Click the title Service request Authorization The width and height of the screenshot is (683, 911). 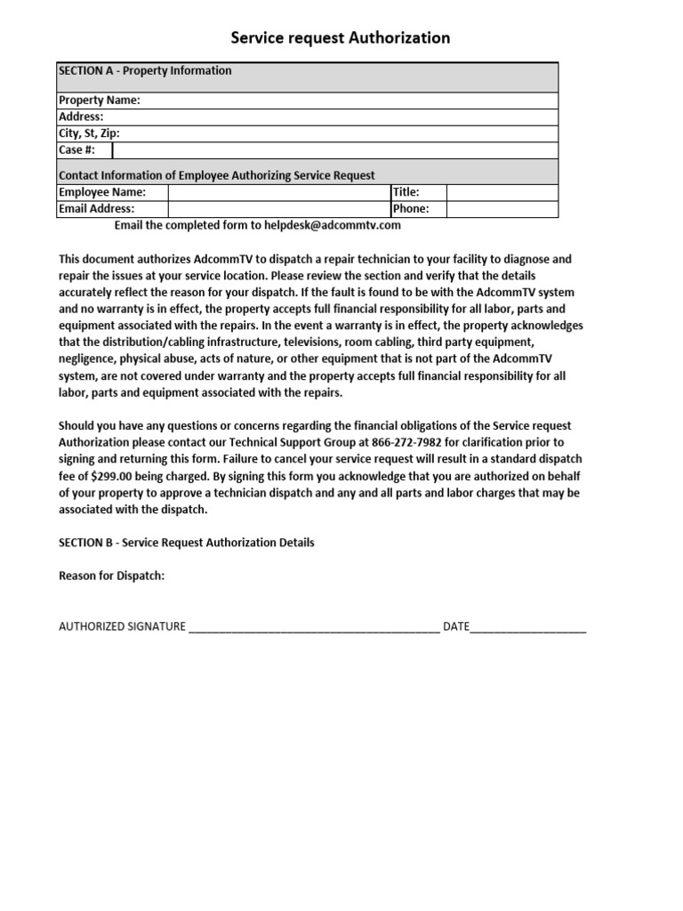click(x=341, y=37)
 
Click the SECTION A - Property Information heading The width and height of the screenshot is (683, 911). click(x=145, y=71)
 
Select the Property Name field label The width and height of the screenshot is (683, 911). click(x=100, y=101)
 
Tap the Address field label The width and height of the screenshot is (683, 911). click(x=81, y=117)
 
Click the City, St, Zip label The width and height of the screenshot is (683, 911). click(x=89, y=133)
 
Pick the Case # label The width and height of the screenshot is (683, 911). click(x=76, y=150)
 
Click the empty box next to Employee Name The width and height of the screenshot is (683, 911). click(x=278, y=192)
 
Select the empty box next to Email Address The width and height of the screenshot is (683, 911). click(x=278, y=209)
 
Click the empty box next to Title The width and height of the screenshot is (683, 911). click(x=502, y=192)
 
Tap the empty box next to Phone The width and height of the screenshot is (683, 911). click(x=502, y=209)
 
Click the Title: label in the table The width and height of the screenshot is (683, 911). click(x=406, y=192)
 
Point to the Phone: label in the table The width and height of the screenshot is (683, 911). click(x=411, y=209)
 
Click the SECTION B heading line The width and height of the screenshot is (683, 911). click(x=187, y=543)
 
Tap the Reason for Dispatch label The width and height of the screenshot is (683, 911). click(x=112, y=576)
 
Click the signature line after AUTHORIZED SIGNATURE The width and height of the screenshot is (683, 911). click(x=314, y=626)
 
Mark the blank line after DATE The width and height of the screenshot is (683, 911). click(x=528, y=626)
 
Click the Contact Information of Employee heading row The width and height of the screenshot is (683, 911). click(x=217, y=176)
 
